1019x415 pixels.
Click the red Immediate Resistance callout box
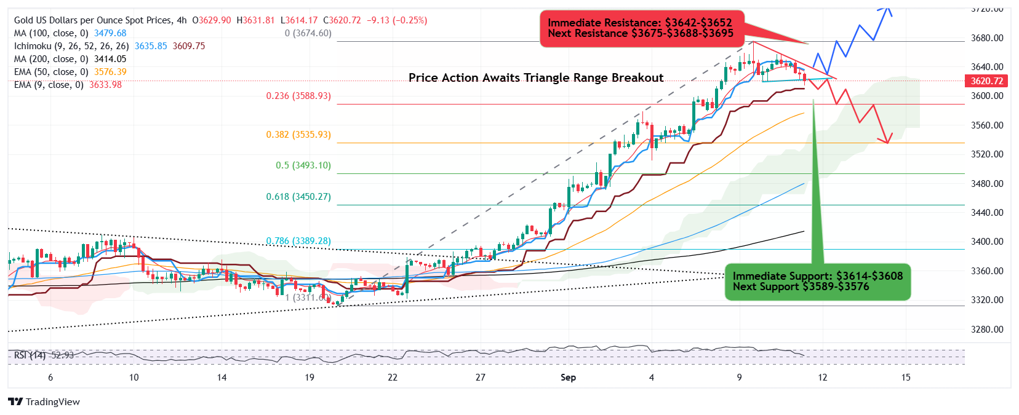pyautogui.click(x=641, y=28)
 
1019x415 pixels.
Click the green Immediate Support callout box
pyautogui.click(x=817, y=282)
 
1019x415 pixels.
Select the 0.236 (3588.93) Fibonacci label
pyautogui.click(x=298, y=96)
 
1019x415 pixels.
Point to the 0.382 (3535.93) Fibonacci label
pyautogui.click(x=298, y=134)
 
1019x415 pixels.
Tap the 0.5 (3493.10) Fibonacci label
pyautogui.click(x=303, y=165)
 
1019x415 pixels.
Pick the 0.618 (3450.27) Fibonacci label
pyautogui.click(x=298, y=197)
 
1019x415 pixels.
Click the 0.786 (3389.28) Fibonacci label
pyautogui.click(x=298, y=241)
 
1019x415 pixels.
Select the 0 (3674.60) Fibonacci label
pyautogui.click(x=308, y=33)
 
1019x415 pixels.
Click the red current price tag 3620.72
pyautogui.click(x=986, y=81)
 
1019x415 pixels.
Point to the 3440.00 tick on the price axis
pyautogui.click(x=986, y=213)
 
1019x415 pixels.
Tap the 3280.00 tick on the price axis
pyautogui.click(x=986, y=330)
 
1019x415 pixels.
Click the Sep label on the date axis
pyautogui.click(x=568, y=377)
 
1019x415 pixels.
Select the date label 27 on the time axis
pyautogui.click(x=480, y=377)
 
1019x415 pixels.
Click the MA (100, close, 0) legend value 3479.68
pyautogui.click(x=110, y=33)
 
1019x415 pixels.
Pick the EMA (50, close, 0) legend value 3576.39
pyautogui.click(x=110, y=72)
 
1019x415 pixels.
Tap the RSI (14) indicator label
pyautogui.click(x=30, y=355)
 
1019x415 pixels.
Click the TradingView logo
pyautogui.click(x=44, y=401)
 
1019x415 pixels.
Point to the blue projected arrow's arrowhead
pyautogui.click(x=887, y=8)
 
